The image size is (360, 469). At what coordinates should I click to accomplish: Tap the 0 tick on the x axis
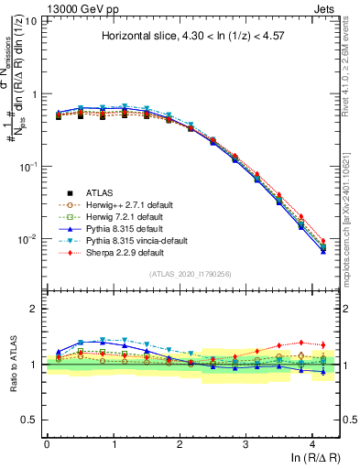coord(46,443)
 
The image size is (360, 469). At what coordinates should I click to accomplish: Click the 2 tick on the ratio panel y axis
coord(35,309)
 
